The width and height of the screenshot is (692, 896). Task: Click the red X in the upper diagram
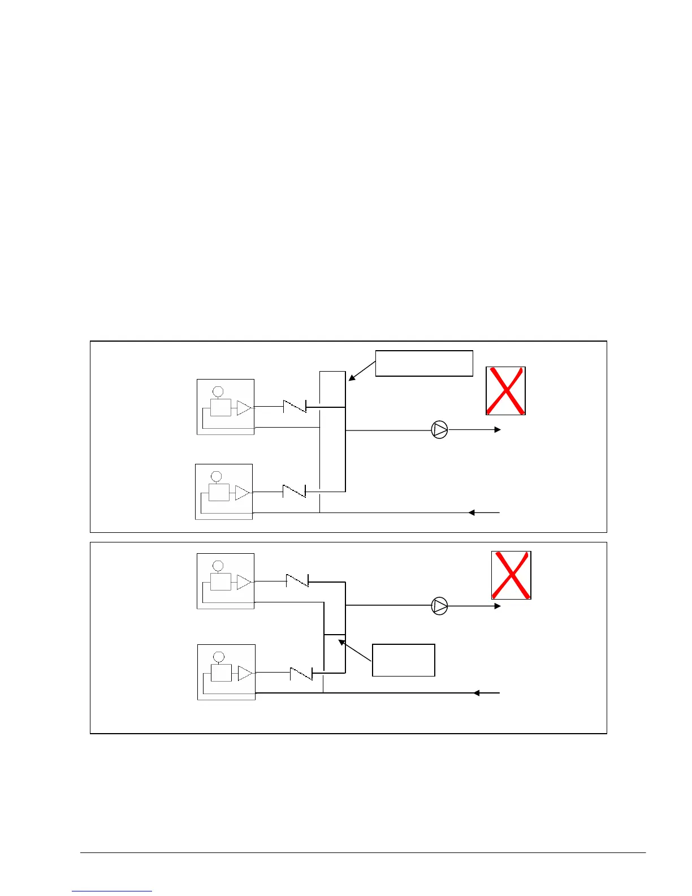(506, 391)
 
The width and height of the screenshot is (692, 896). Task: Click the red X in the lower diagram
(511, 575)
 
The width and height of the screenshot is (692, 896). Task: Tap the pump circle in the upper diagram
(439, 430)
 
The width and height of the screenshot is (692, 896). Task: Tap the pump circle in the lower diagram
(439, 606)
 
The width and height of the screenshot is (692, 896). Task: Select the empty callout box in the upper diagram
(424, 363)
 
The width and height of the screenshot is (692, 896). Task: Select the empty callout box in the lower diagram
(403, 660)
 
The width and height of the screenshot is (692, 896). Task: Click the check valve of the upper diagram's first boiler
(295, 406)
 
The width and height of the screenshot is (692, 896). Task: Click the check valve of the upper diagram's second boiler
(294, 491)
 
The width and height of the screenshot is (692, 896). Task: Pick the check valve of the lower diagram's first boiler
(297, 581)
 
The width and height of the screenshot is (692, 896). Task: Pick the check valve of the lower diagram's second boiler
(301, 673)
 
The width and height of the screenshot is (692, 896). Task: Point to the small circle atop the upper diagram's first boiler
(218, 391)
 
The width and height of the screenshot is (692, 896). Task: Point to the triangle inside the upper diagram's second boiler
(242, 493)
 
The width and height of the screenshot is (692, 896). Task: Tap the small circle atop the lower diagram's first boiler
(218, 566)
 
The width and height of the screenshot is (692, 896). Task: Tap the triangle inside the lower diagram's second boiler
(244, 673)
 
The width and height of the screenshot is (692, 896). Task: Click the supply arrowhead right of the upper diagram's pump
(498, 430)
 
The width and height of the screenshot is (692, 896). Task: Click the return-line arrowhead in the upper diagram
(472, 512)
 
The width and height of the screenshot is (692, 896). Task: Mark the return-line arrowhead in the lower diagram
(477, 693)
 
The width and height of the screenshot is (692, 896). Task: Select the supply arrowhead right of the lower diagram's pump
(498, 606)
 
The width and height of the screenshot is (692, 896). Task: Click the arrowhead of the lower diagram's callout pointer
(341, 642)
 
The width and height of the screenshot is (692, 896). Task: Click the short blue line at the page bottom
(112, 891)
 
